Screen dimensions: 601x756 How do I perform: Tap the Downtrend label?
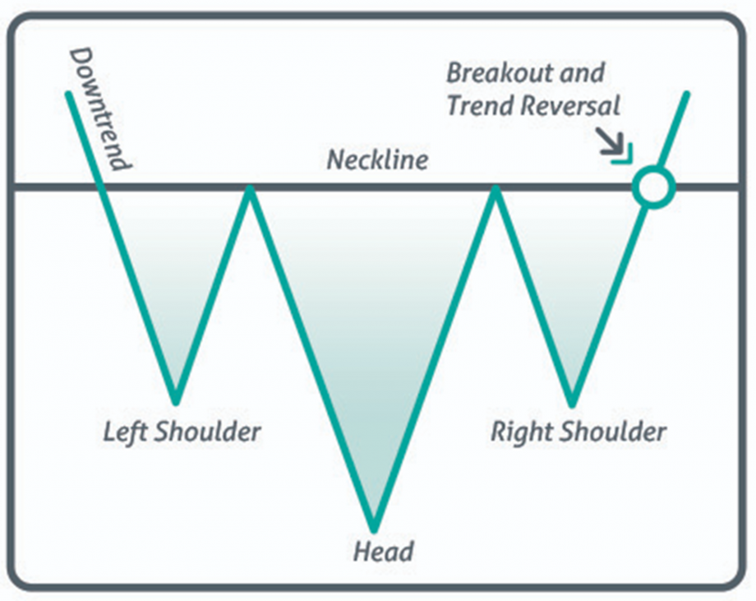coord(100,108)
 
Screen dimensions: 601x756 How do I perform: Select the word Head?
coord(383,550)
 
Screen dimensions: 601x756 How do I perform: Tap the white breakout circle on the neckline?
coord(653,187)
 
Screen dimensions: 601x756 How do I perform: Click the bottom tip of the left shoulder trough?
coord(175,401)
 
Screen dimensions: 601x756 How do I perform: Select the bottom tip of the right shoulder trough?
coord(572,403)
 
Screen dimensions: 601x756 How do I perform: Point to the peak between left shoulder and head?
coord(249,189)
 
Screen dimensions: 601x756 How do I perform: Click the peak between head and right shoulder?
coord(495,189)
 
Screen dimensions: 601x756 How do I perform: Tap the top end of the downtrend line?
coord(67,93)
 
